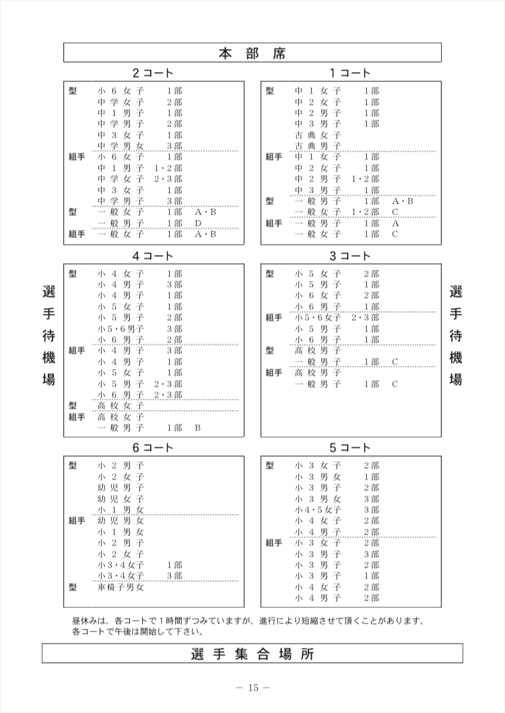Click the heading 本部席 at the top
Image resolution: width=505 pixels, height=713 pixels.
[x=252, y=53]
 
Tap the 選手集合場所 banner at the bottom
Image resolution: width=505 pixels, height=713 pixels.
[x=252, y=653]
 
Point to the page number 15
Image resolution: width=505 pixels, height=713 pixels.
[x=252, y=687]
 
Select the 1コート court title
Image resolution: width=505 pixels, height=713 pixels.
[x=350, y=73]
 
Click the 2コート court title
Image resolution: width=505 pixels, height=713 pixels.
[x=153, y=73]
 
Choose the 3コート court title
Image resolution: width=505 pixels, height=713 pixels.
[x=350, y=256]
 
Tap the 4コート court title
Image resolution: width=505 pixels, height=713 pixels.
[x=153, y=256]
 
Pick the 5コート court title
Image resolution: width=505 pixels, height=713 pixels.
[x=350, y=447]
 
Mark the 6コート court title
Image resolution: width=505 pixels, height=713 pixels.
[x=153, y=447]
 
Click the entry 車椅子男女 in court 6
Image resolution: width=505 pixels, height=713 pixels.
[x=121, y=587]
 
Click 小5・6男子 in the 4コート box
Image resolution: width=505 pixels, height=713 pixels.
[x=121, y=328]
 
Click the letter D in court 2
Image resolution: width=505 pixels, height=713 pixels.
[x=199, y=223]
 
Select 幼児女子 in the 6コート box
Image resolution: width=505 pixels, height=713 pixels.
[x=121, y=498]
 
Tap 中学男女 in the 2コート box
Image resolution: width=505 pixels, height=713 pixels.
[x=121, y=145]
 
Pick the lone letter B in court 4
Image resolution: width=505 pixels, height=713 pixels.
[x=199, y=428]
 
